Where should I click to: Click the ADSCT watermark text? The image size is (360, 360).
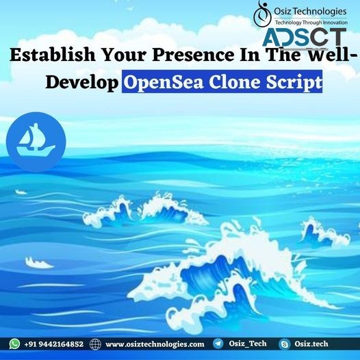(307, 37)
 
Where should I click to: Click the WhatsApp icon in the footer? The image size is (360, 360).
(15, 344)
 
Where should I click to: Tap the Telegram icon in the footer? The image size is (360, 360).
(218, 344)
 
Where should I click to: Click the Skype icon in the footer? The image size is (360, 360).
(284, 344)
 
